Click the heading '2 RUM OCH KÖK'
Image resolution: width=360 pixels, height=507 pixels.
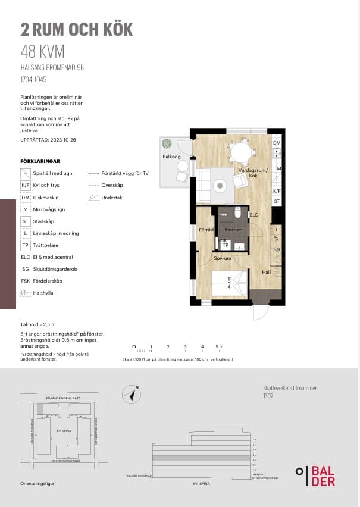[x=76, y=29]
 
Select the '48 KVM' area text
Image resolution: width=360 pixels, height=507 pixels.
[x=42, y=51]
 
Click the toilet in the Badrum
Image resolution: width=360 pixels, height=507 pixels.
[x=237, y=212]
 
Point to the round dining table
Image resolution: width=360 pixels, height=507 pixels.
[x=242, y=152]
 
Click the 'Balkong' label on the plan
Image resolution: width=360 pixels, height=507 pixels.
[x=171, y=157]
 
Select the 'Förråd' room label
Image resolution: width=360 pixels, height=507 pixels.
[x=206, y=230]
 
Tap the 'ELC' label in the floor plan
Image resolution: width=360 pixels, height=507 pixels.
[x=253, y=215]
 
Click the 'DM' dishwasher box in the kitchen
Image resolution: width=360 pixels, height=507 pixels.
[x=276, y=143]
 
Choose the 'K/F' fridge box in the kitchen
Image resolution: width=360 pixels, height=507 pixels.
[x=276, y=191]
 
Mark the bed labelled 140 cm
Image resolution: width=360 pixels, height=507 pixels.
[x=229, y=281]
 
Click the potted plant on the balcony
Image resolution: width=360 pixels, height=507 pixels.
[x=167, y=143]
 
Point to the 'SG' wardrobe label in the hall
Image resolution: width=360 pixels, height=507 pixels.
[x=276, y=250]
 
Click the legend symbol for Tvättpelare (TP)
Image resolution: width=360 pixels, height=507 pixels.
[x=25, y=245]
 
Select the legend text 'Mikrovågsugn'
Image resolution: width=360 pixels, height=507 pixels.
[x=50, y=209]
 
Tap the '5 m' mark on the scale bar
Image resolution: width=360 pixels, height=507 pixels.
[x=219, y=346]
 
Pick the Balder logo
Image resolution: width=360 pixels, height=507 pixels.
[x=315, y=475]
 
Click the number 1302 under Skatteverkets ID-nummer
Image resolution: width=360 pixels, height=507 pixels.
[x=268, y=395]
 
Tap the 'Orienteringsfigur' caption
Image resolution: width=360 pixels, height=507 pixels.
[x=37, y=483]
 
